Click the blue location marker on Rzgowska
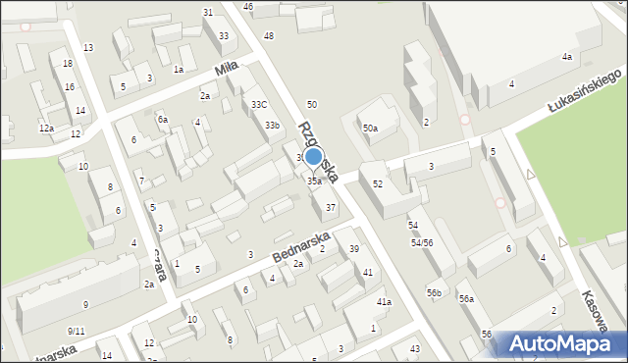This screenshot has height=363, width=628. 314,156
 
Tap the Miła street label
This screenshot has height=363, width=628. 227,71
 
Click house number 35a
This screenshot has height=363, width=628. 314,181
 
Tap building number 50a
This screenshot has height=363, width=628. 370,129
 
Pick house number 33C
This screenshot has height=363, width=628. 259,105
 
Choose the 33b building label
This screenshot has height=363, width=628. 272,126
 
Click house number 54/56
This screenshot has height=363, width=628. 422,242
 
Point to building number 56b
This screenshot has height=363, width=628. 434,293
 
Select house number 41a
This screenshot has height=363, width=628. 384,302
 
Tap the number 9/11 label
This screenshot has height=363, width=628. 77,331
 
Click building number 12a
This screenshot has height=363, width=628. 46,129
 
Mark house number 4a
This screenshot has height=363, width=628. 566,58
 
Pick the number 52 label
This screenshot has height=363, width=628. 378,184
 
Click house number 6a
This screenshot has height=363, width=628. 163,120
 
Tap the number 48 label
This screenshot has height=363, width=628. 269,36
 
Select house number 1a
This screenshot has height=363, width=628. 179,70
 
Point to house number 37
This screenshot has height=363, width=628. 331,208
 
